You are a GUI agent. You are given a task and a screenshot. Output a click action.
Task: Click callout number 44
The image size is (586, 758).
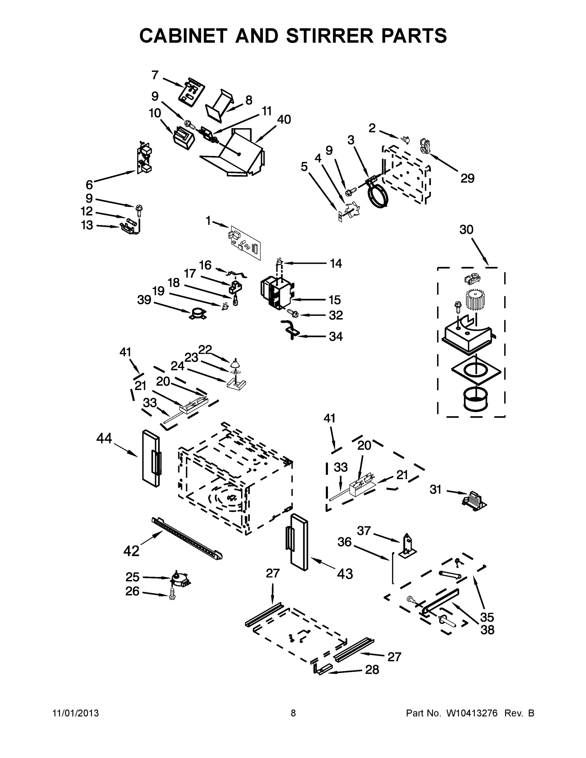click(x=104, y=438)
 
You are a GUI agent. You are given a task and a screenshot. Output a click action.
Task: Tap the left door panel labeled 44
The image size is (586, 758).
click(x=151, y=458)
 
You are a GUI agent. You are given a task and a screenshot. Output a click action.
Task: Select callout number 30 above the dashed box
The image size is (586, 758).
click(x=466, y=229)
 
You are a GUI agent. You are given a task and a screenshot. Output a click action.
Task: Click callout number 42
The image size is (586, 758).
click(x=131, y=551)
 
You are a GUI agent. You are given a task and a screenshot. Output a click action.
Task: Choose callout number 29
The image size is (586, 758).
click(x=467, y=178)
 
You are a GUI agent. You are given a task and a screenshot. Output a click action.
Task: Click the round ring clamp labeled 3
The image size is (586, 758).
click(x=377, y=196)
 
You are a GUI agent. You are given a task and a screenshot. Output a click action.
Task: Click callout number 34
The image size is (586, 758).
click(x=336, y=336)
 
